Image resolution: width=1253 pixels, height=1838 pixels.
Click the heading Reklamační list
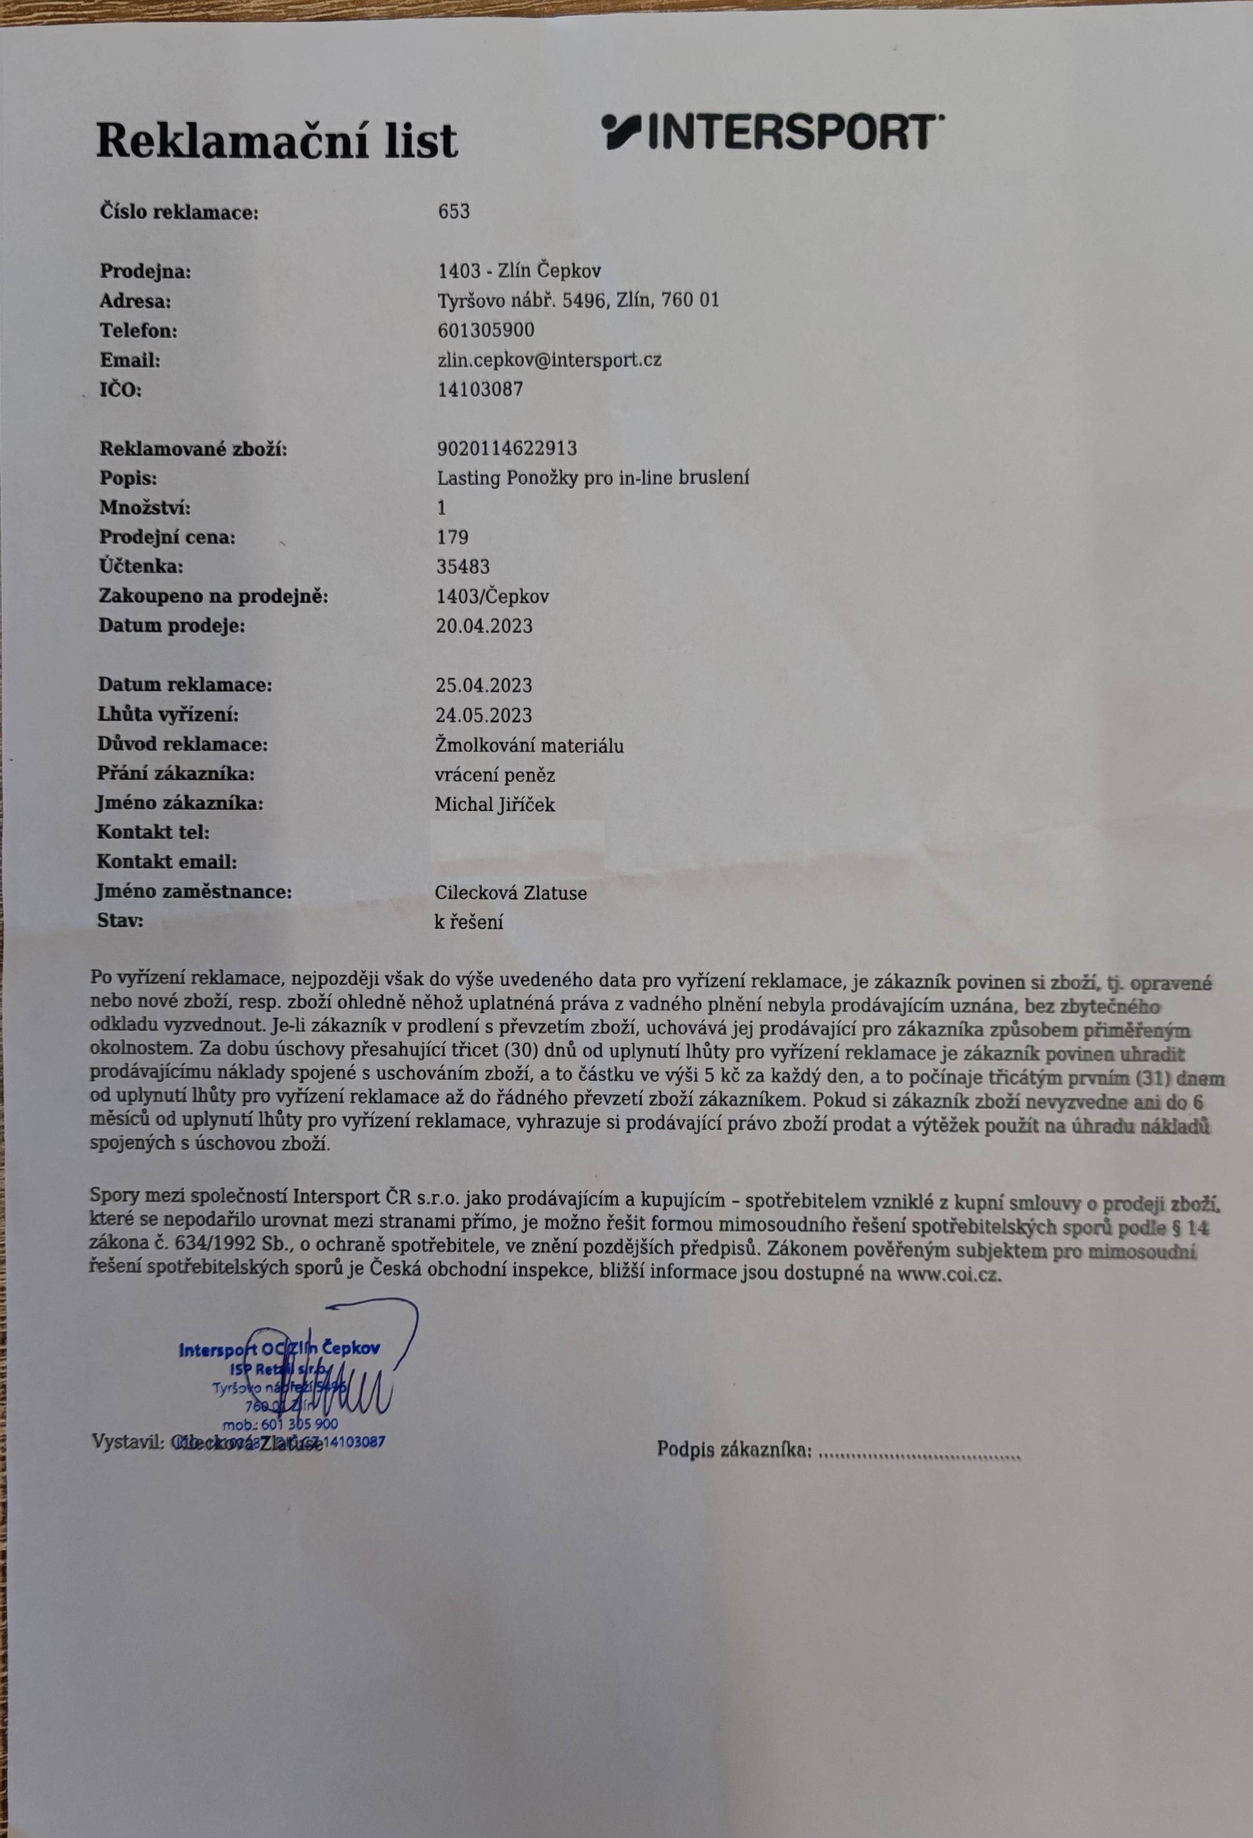point(277,141)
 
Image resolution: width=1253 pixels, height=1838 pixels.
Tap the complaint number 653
point(453,211)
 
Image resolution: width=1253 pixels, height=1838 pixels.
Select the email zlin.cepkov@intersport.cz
point(549,360)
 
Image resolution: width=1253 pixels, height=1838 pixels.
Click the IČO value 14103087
point(480,389)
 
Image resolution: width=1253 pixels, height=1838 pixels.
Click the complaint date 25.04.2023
point(484,685)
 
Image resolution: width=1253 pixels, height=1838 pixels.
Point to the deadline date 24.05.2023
point(483,715)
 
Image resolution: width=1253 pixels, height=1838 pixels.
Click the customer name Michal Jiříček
point(495,805)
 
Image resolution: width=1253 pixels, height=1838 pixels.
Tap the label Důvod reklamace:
point(182,744)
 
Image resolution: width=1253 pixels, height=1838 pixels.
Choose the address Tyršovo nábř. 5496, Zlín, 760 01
point(578,300)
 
